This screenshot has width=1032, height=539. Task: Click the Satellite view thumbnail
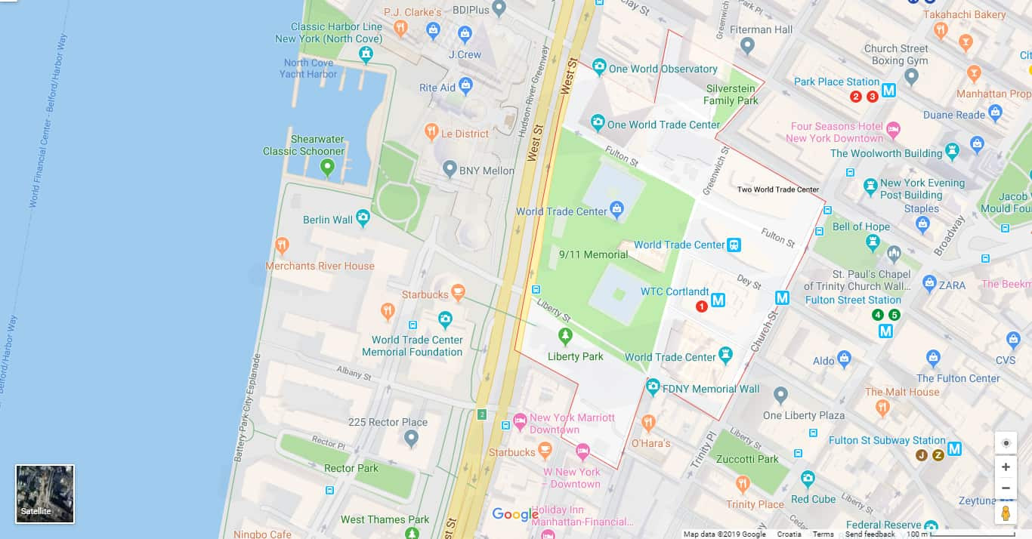pyautogui.click(x=45, y=494)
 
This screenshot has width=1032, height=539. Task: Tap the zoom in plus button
pyautogui.click(x=1006, y=467)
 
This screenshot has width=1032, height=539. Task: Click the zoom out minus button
pyautogui.click(x=1006, y=488)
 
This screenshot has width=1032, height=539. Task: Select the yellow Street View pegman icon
pyautogui.click(x=1006, y=513)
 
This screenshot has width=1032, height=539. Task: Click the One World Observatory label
pyautogui.click(x=663, y=69)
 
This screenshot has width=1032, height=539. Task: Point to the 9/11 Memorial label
pyautogui.click(x=593, y=254)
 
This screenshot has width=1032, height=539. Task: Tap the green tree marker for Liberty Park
pyautogui.click(x=565, y=335)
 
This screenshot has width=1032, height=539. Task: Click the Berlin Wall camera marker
pyautogui.click(x=363, y=219)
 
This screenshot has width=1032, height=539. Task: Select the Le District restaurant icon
pyautogui.click(x=431, y=133)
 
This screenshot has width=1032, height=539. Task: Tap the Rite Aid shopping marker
pyautogui.click(x=466, y=86)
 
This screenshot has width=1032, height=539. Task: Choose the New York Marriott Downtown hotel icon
pyautogui.click(x=520, y=420)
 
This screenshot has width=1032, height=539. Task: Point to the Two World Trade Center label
pyautogui.click(x=778, y=189)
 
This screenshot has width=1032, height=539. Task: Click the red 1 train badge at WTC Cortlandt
pyautogui.click(x=701, y=306)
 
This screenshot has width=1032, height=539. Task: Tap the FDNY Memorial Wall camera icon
pyautogui.click(x=653, y=387)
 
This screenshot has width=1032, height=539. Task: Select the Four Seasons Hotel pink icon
pyautogui.click(x=893, y=130)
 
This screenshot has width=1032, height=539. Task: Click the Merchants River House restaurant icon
pyautogui.click(x=282, y=245)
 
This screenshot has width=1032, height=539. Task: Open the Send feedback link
pyautogui.click(x=870, y=534)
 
